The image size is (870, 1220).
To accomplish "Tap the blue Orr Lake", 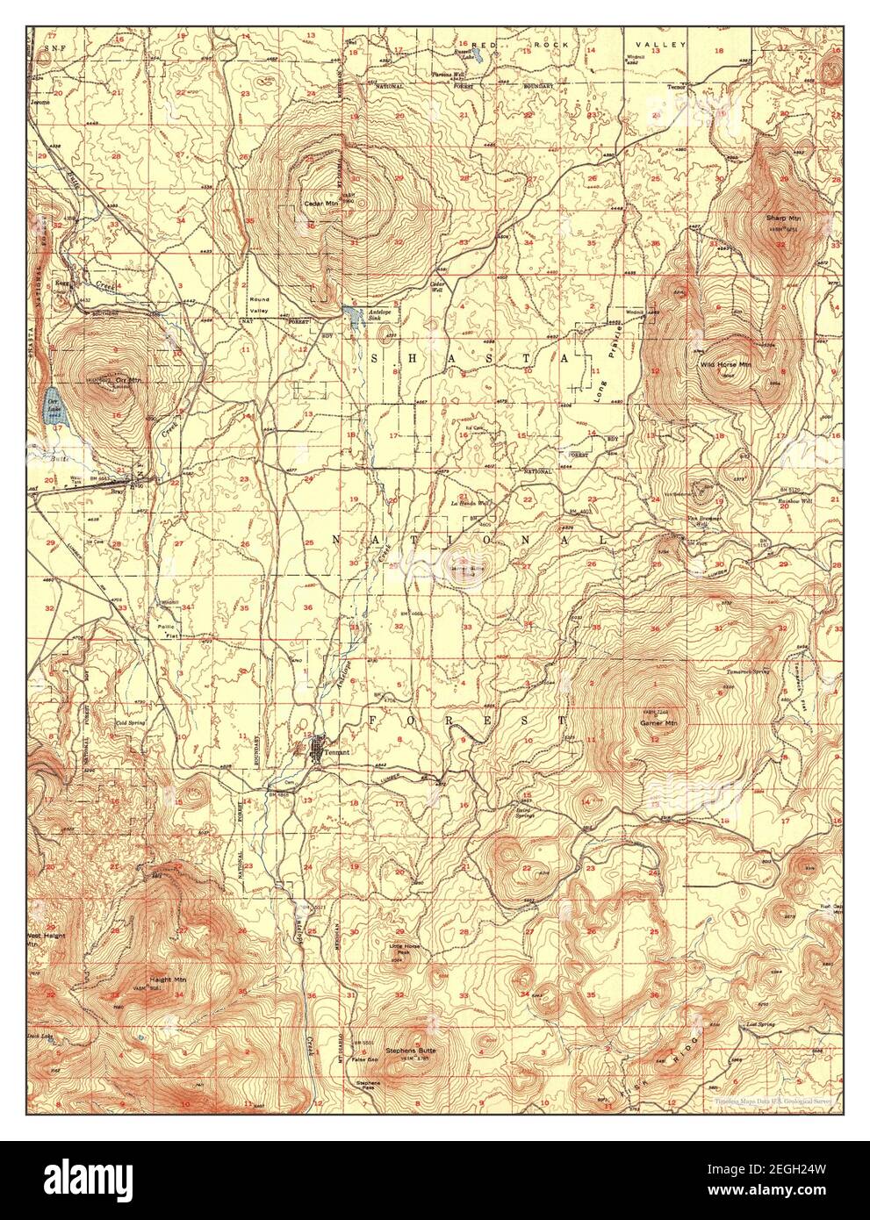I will (53, 405).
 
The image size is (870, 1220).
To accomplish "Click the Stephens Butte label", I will (414, 1050).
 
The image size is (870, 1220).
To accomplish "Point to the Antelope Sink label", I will (383, 310).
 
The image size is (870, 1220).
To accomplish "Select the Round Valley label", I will (258, 305).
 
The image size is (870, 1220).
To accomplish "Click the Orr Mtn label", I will (128, 381).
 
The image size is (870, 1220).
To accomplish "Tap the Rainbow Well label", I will (795, 501).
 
